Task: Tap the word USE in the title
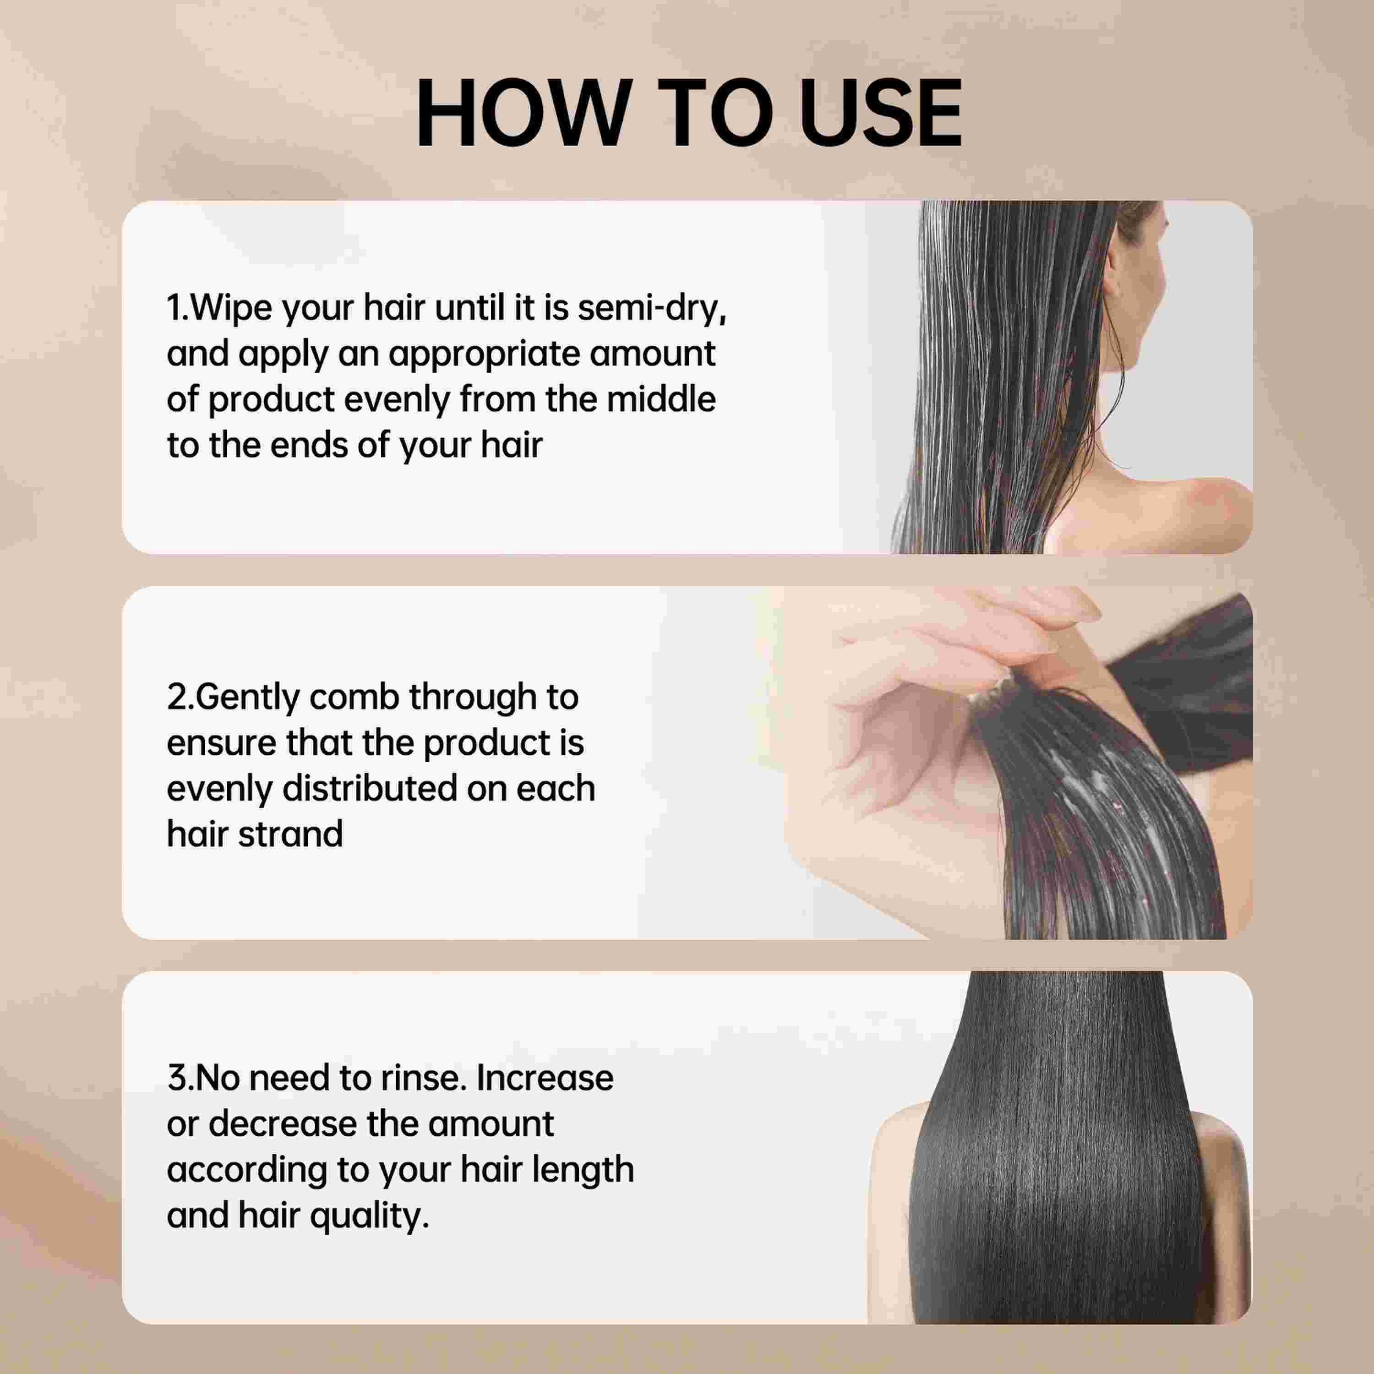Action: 880,114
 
